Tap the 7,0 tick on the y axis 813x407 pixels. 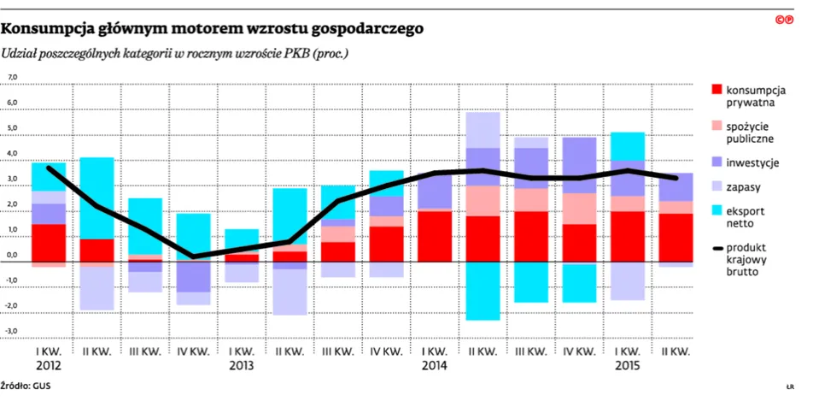(13, 78)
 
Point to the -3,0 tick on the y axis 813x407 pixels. (13, 330)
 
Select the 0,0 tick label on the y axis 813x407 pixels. (13, 255)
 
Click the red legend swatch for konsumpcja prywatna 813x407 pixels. (716, 89)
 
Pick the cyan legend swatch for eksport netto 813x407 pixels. (716, 210)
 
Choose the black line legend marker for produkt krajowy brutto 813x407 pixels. (716, 248)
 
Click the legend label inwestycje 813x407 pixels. (752, 162)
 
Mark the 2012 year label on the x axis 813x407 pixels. (48, 364)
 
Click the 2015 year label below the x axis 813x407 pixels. (628, 364)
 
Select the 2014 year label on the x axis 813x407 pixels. (434, 364)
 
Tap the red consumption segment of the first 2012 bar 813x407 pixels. (49, 243)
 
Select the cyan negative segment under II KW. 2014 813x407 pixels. (483, 291)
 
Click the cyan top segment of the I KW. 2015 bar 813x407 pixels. (628, 145)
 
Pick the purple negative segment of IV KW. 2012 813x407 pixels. (193, 277)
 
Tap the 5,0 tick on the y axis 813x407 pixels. (13, 128)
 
